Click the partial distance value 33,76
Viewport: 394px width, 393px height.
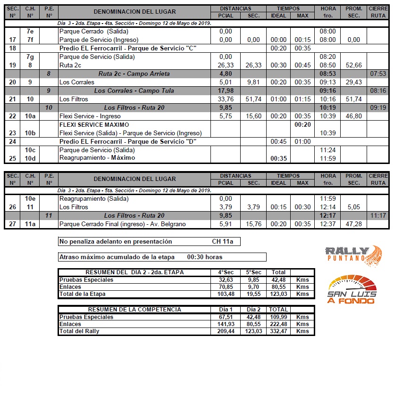click(x=226, y=99)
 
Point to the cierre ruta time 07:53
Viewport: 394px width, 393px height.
click(x=378, y=74)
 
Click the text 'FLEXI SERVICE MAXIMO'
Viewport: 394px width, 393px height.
click(x=94, y=125)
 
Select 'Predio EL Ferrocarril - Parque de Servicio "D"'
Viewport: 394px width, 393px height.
click(x=128, y=141)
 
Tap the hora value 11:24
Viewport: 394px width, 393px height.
click(x=328, y=150)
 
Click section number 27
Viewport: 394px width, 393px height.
click(x=12, y=224)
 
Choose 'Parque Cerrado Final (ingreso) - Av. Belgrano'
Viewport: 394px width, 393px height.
click(x=123, y=224)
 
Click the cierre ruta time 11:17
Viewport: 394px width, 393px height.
click(x=378, y=215)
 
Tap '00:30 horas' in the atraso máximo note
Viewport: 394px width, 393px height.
click(x=205, y=257)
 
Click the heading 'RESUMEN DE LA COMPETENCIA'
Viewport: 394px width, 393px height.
click(x=134, y=310)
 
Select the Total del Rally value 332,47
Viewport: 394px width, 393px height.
click(x=278, y=331)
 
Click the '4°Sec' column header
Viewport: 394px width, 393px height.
click(x=226, y=272)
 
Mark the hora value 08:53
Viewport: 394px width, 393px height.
click(x=328, y=74)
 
